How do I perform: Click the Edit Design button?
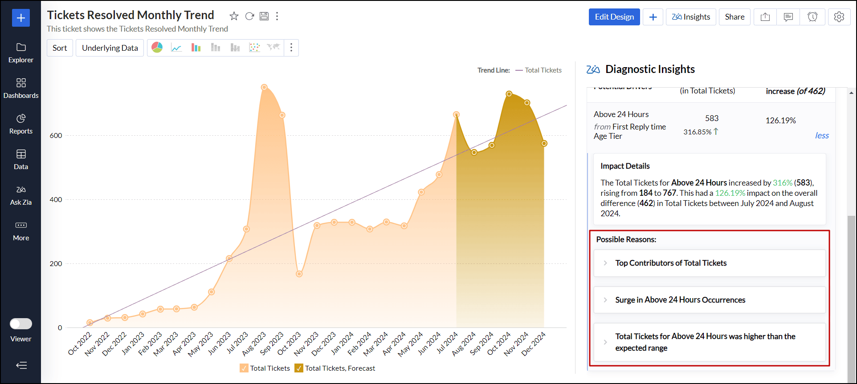pyautogui.click(x=614, y=17)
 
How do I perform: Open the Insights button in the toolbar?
pyautogui.click(x=691, y=17)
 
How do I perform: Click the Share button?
pyautogui.click(x=734, y=17)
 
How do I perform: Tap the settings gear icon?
pyautogui.click(x=839, y=17)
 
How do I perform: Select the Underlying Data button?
pyautogui.click(x=110, y=48)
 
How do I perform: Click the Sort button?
pyautogui.click(x=60, y=48)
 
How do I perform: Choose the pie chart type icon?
pyautogui.click(x=157, y=48)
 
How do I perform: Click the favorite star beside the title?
pyautogui.click(x=234, y=16)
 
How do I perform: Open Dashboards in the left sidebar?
pyautogui.click(x=21, y=88)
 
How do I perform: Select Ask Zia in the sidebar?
pyautogui.click(x=21, y=195)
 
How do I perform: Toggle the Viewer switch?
pyautogui.click(x=21, y=323)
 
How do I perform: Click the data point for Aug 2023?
pyautogui.click(x=264, y=87)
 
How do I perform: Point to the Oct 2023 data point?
pyautogui.click(x=299, y=274)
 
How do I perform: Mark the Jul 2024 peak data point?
pyautogui.click(x=456, y=115)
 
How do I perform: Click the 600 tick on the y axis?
pyautogui.click(x=56, y=136)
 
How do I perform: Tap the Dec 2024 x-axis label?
pyautogui.click(x=534, y=344)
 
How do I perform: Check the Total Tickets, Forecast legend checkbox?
pyautogui.click(x=299, y=368)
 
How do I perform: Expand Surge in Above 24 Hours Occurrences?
pyautogui.click(x=680, y=300)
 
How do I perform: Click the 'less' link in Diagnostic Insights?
pyautogui.click(x=822, y=136)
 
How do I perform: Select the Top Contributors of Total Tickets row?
pyautogui.click(x=671, y=263)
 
